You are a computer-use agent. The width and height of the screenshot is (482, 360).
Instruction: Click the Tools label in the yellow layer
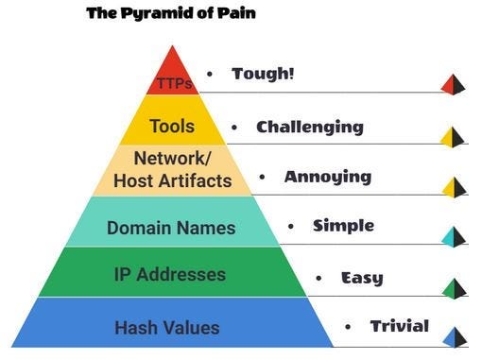[x=172, y=127]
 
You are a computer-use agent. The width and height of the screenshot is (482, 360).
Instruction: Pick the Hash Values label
[x=166, y=328]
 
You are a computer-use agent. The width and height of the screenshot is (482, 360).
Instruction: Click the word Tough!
[x=263, y=74]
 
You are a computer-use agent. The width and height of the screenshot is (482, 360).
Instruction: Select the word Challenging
[x=309, y=127]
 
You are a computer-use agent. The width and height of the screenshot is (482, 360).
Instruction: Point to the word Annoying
[x=327, y=177]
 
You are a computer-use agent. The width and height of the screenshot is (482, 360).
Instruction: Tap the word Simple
[x=343, y=226]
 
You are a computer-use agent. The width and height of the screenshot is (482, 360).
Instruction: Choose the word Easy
[x=361, y=278]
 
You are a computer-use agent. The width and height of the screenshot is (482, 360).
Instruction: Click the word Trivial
[x=399, y=327]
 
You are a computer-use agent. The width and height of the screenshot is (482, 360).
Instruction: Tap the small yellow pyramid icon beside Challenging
[x=454, y=137]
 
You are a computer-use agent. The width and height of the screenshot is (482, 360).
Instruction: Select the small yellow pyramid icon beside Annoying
[x=454, y=187]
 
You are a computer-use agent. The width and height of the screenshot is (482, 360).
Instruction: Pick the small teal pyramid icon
[x=454, y=236]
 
